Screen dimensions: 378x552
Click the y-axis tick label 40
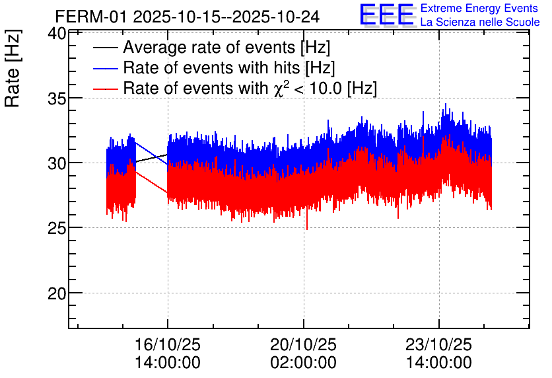coord(56,34)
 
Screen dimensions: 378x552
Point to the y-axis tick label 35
coord(56,98)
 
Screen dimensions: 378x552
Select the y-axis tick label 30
coord(56,163)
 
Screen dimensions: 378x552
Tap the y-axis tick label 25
coord(56,228)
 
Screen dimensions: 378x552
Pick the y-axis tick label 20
coord(56,293)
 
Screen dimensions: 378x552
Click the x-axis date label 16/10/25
coord(168,345)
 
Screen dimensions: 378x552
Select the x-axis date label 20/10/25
coord(303,345)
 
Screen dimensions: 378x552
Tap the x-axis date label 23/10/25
coord(439,345)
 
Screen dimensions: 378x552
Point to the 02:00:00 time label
coord(303,363)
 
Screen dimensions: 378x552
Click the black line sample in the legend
coord(106,48)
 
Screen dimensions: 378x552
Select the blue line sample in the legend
coord(106,68)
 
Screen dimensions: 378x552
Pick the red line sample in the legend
coord(106,89)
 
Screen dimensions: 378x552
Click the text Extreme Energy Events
coord(479,9)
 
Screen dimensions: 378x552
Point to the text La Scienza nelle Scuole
coord(479,22)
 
